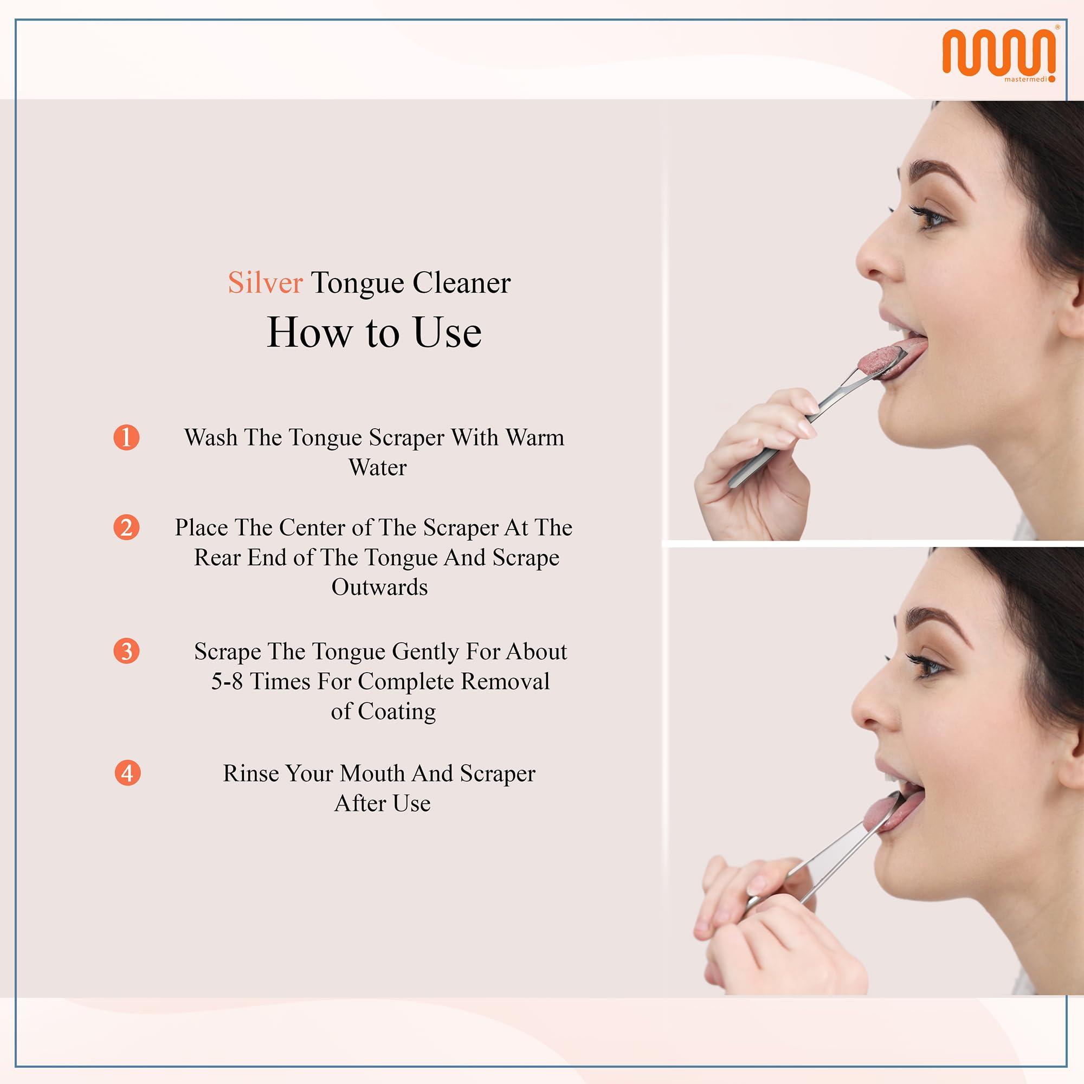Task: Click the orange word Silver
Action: [265, 282]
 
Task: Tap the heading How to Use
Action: [373, 332]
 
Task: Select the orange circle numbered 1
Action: [126, 437]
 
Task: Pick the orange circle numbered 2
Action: [126, 527]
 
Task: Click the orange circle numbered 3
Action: [126, 651]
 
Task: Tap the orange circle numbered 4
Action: [127, 773]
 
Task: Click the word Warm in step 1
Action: [535, 437]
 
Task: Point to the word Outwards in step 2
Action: [379, 587]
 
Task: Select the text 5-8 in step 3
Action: [227, 681]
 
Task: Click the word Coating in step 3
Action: [397, 711]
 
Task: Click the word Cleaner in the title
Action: [462, 282]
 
